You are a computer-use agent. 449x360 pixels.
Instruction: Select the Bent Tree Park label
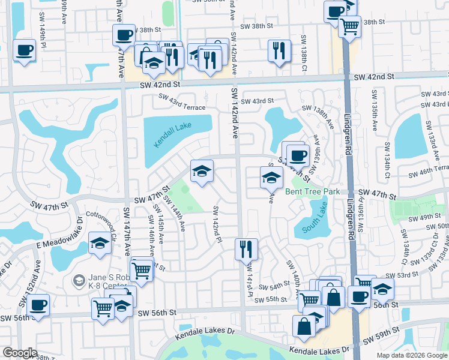[x=312, y=192]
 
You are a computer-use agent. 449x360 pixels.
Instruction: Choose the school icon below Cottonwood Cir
[x=100, y=243]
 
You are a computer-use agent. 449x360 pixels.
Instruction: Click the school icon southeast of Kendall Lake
[x=202, y=171]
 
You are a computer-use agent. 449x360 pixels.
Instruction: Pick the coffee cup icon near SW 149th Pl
[x=24, y=50]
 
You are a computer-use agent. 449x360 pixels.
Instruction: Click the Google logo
[x=20, y=353]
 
